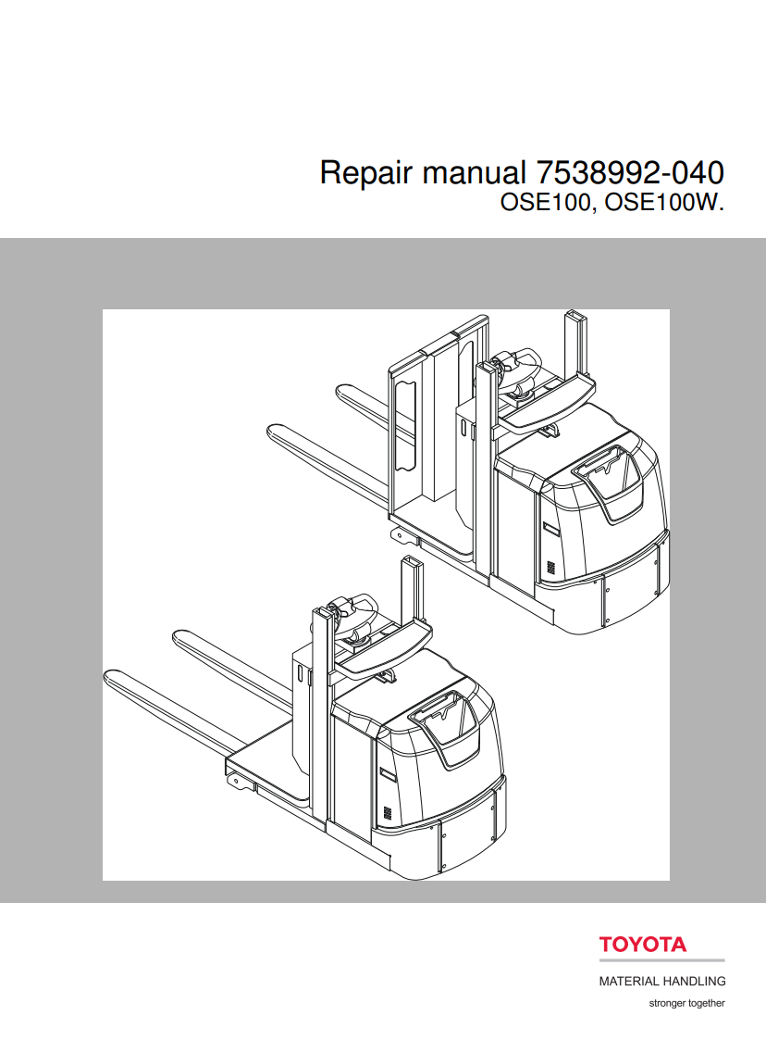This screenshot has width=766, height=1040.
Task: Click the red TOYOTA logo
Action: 643,945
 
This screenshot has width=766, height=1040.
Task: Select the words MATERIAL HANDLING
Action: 661,981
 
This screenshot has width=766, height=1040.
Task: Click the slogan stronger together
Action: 686,1003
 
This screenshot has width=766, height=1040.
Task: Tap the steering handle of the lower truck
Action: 352,610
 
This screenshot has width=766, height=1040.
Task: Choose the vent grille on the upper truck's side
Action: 550,566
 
